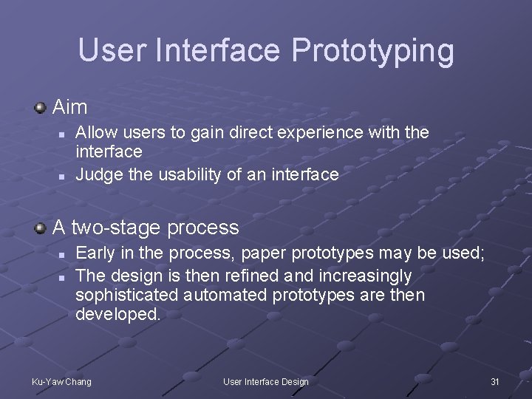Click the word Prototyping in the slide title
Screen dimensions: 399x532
(x=372, y=51)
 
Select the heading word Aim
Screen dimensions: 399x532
(x=70, y=107)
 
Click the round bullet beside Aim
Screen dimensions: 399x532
(x=41, y=108)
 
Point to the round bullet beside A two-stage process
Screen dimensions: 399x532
(x=41, y=228)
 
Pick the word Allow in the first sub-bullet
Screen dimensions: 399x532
(x=93, y=132)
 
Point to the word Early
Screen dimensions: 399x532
(x=95, y=253)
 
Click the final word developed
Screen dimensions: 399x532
(x=117, y=314)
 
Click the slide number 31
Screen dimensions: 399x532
(x=495, y=381)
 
